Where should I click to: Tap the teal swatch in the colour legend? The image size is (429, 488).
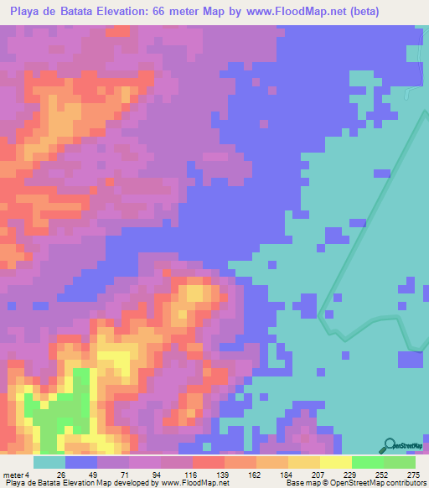click(49, 462)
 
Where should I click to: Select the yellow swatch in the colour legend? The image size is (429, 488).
click(336, 462)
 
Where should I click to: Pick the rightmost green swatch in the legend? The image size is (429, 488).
click(400, 462)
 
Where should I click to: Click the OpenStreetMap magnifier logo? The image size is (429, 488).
click(390, 444)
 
